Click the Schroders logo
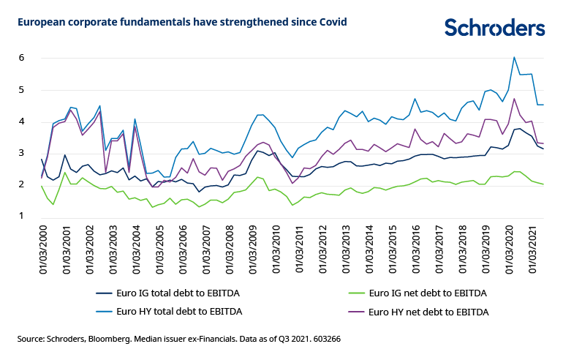(494, 27)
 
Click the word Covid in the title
(331, 22)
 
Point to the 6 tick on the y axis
(22, 58)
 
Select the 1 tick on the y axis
(22, 216)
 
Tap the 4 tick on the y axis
(22, 121)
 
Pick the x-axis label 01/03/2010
(276, 249)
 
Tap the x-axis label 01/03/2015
(393, 249)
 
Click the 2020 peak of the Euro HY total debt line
(514, 57)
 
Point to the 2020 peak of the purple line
(514, 99)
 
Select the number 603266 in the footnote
(325, 340)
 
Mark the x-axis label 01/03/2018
(464, 249)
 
